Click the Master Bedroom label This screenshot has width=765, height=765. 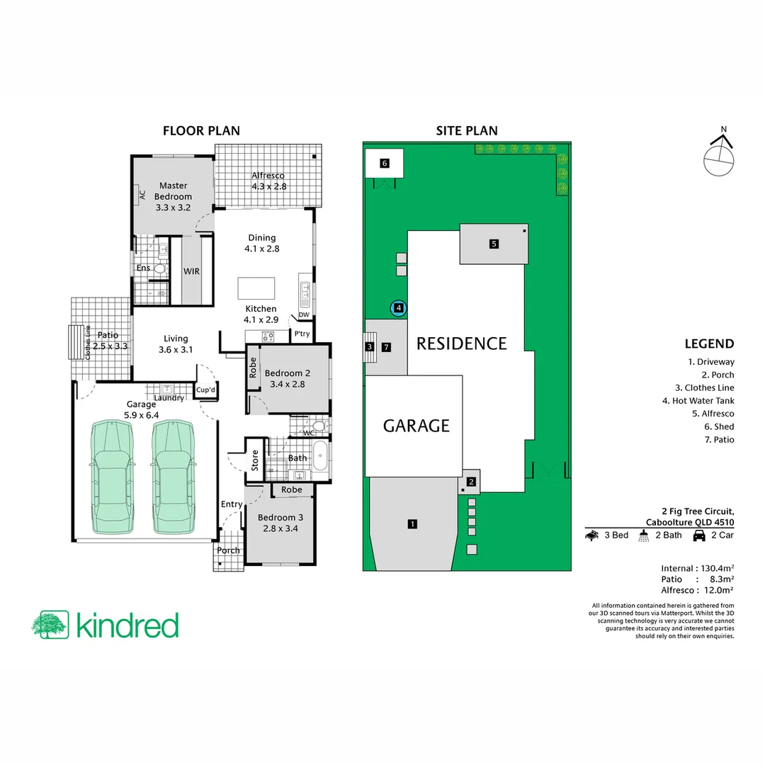pos(174,196)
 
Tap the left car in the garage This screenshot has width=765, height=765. pos(111,478)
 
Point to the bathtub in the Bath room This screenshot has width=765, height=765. pos(321,458)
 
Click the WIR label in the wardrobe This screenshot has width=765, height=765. pos(191,271)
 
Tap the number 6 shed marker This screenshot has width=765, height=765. pos(385,164)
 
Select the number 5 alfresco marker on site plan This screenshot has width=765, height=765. pos(494,244)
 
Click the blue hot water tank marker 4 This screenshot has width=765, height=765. pos(399,308)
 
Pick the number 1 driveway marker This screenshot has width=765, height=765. pos(412,524)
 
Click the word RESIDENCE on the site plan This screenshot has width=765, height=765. pos(461,344)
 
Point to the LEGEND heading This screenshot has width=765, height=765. pos(709,344)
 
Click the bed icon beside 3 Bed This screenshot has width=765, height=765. pos(592,535)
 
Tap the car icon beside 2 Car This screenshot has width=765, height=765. pos(698,535)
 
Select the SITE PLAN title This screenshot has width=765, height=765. pos(466,130)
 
